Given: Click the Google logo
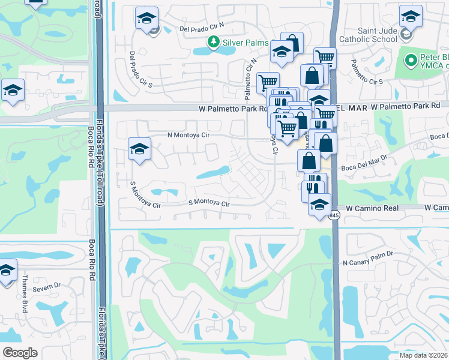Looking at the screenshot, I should pos(20,352).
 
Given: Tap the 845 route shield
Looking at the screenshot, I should pos(334,215).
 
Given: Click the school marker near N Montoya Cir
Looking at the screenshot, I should pos(139,149).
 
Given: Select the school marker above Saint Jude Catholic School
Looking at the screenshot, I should pos(411,17).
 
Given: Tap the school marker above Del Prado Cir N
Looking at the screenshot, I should pos(146,19).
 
